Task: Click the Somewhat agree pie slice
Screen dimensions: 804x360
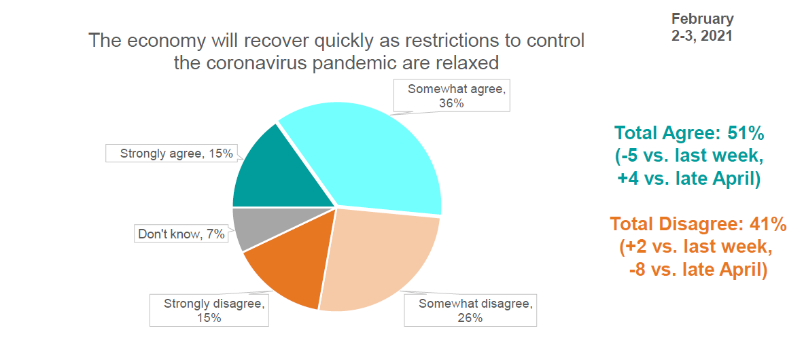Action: pyautogui.click(x=379, y=154)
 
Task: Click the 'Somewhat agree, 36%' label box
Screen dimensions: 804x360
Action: pyautogui.click(x=452, y=96)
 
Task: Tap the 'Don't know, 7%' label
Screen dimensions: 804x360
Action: pyautogui.click(x=181, y=234)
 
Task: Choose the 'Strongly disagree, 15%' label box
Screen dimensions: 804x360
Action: pyautogui.click(x=209, y=310)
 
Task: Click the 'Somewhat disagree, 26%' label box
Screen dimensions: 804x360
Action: pyautogui.click(x=470, y=310)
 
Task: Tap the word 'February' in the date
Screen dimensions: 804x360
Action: pyautogui.click(x=703, y=19)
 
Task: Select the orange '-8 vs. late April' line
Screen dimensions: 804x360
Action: pyautogui.click(x=698, y=270)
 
